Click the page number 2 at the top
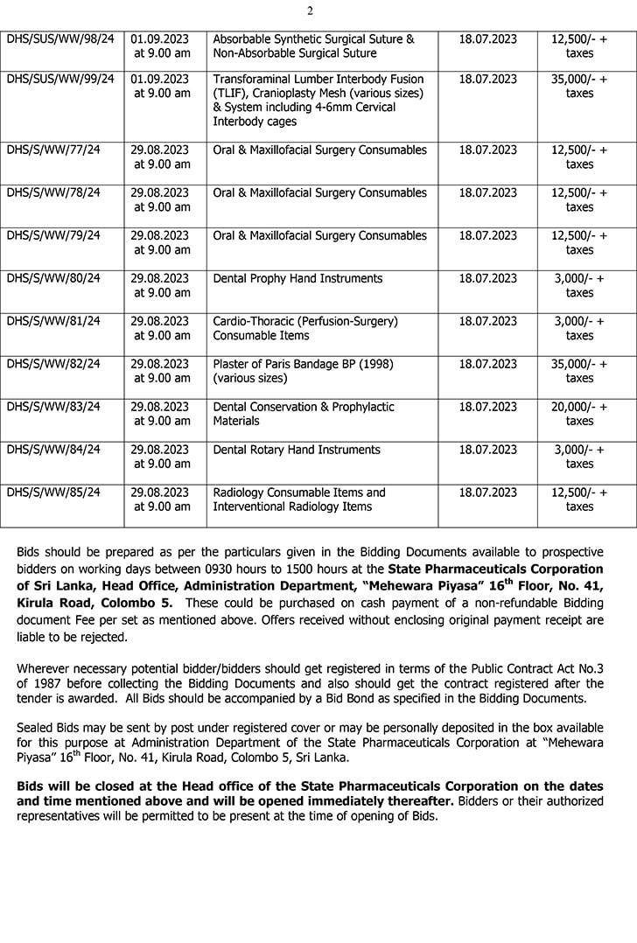point(310,10)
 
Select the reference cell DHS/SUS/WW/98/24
point(60,39)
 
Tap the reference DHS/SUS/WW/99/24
point(60,79)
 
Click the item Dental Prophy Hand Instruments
point(297,278)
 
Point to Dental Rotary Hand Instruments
point(297,450)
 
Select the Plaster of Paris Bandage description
point(301,371)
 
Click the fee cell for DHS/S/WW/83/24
point(579,414)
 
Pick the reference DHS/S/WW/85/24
point(53,492)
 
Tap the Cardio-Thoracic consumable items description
point(305,328)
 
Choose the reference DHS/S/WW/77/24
point(53,150)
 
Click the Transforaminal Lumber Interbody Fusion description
point(318,100)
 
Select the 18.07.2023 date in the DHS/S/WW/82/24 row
point(488,364)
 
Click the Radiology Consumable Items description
point(299,499)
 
